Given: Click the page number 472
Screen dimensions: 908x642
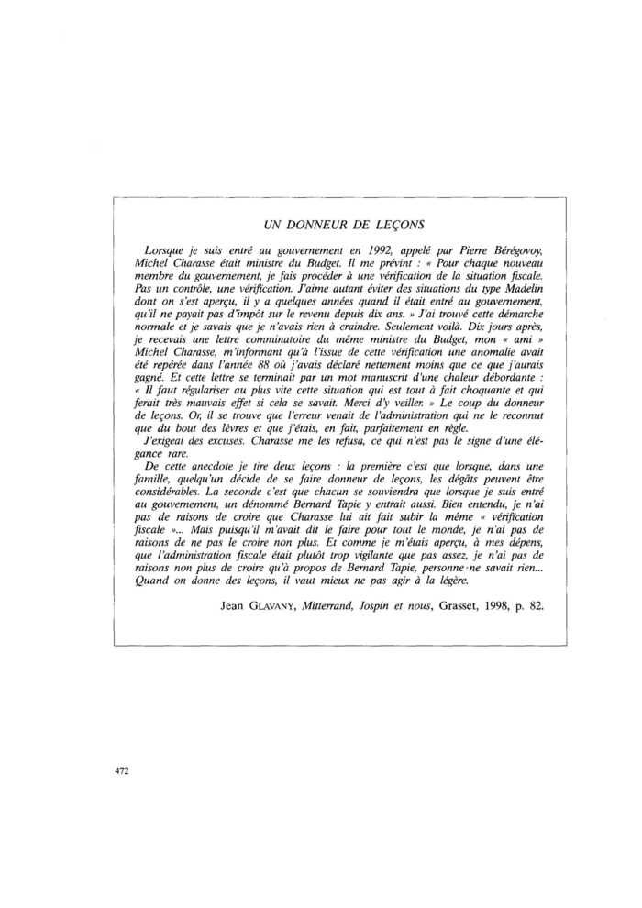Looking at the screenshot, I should coord(121,770).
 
